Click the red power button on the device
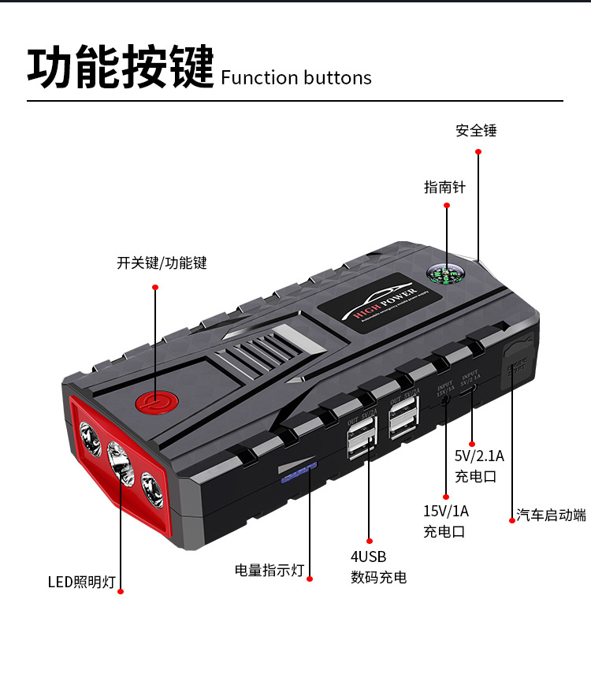click(x=153, y=402)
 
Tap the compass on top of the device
click(x=445, y=273)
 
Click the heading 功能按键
click(x=121, y=67)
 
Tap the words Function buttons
click(x=296, y=77)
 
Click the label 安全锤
click(x=476, y=131)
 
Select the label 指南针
click(x=445, y=188)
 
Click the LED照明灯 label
click(x=82, y=583)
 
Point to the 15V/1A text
click(x=446, y=512)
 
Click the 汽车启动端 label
click(x=552, y=516)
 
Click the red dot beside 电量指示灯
click(x=309, y=579)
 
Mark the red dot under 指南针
click(x=447, y=206)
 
